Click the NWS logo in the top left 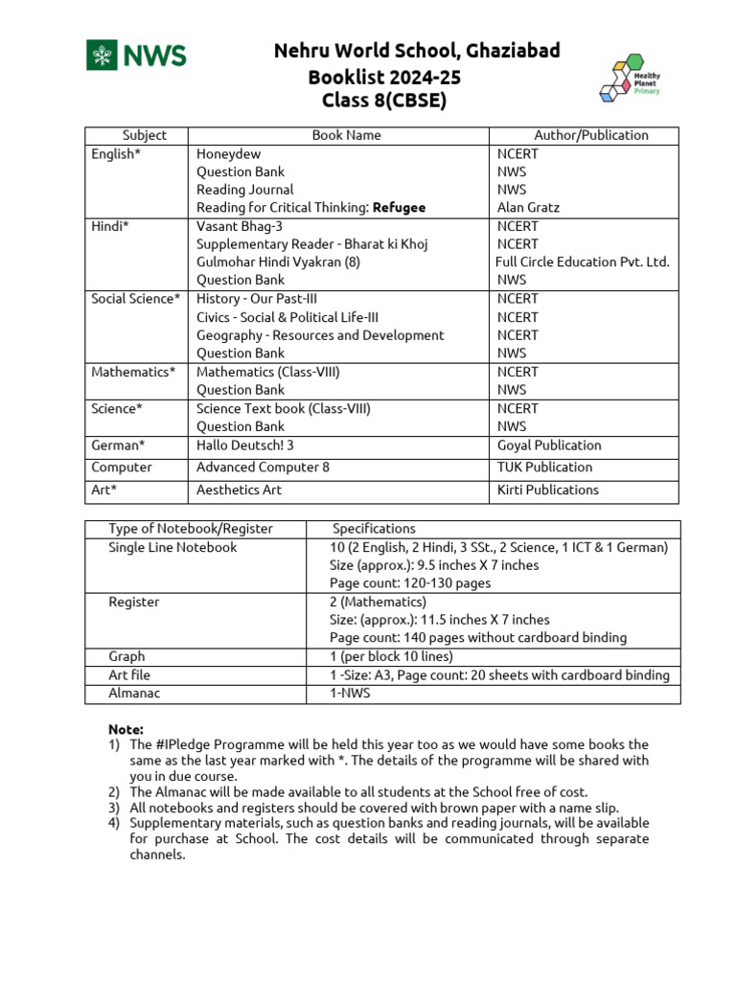[136, 56]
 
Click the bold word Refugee [400, 207]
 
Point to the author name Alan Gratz [528, 207]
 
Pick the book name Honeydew [228, 153]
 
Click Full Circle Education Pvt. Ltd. [582, 262]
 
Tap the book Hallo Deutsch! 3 [245, 445]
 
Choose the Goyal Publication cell [549, 445]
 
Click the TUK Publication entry [544, 468]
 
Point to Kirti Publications [547, 490]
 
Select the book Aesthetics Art [239, 490]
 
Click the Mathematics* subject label [133, 372]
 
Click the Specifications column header [374, 528]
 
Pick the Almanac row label [134, 693]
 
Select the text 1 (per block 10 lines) [391, 656]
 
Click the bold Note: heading [126, 729]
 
